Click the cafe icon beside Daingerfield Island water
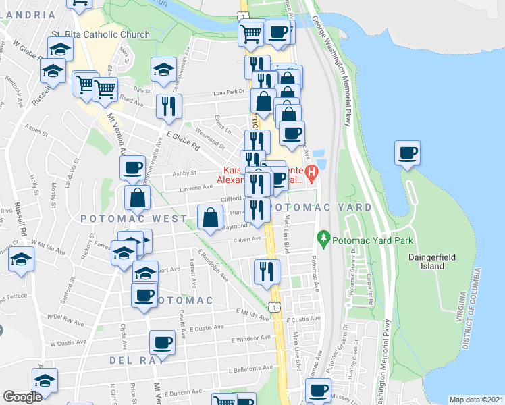407,153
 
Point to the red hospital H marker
311,173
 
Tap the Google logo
22,397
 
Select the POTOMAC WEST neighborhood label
134,219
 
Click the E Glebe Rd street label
184,140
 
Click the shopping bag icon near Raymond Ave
210,217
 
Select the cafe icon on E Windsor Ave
162,343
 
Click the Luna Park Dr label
227,92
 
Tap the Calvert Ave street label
247,239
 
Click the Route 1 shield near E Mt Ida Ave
273,307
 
